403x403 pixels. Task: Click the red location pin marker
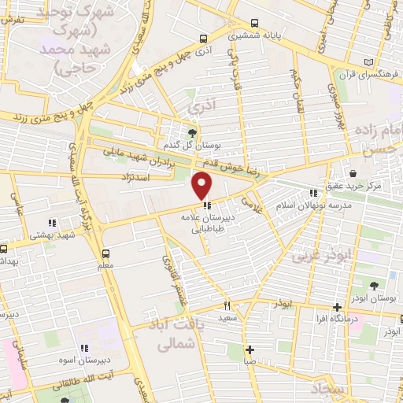[x=202, y=184]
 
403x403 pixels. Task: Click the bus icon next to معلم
[x=105, y=253]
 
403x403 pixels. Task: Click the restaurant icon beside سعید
[x=226, y=305]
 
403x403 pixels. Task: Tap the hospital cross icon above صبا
[x=250, y=349]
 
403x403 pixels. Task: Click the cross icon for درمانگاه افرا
[x=337, y=307]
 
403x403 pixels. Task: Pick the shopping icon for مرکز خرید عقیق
[x=353, y=172]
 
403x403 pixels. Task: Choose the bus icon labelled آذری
[x=204, y=38]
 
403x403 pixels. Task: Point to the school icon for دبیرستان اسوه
[x=83, y=347]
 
